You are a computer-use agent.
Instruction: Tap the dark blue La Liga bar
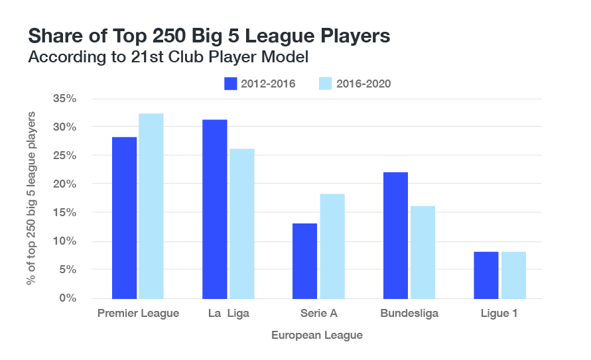click(215, 209)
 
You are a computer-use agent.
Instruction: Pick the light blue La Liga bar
click(242, 223)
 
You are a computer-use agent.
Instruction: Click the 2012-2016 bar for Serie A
click(305, 261)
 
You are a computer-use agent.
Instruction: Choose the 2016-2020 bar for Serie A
click(332, 246)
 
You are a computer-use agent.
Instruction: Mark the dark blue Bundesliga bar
click(396, 235)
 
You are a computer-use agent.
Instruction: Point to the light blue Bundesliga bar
click(423, 252)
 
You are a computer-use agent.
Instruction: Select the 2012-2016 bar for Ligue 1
click(486, 275)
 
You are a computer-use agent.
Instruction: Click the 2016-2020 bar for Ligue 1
click(513, 275)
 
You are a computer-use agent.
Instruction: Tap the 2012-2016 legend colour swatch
click(231, 84)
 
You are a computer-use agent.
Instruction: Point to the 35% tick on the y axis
click(66, 98)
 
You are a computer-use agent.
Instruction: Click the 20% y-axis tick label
click(66, 184)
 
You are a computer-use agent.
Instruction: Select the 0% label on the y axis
click(68, 298)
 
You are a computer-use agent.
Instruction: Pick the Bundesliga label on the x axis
click(409, 313)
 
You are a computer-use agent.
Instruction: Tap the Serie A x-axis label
click(318, 313)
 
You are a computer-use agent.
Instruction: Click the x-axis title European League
click(317, 335)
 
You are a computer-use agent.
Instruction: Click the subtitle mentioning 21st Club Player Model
click(168, 58)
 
